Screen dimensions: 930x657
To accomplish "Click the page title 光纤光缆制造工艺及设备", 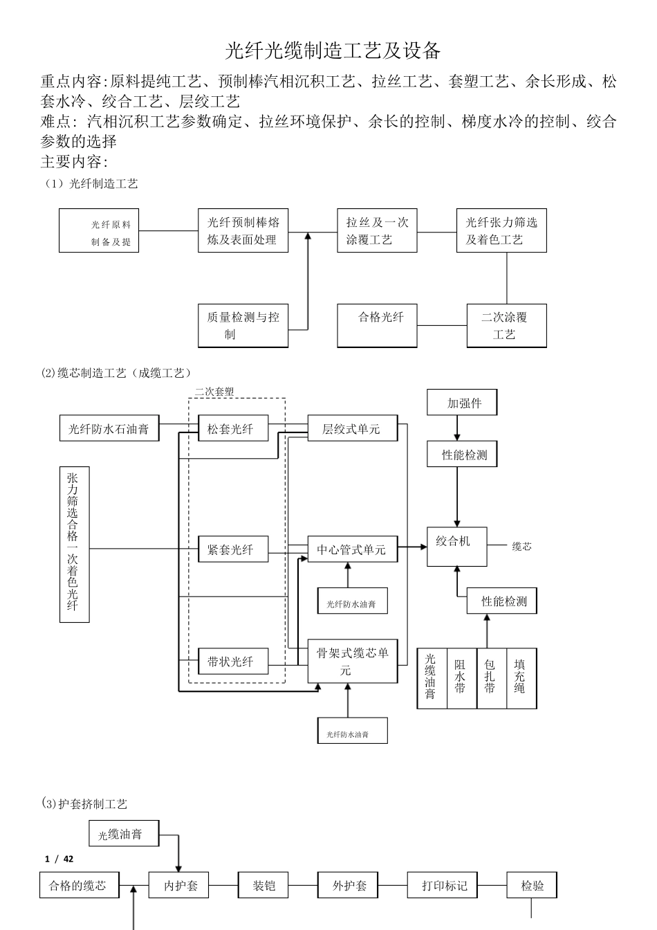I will pos(333,50).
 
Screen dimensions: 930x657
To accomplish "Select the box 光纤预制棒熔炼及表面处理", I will pos(243,230).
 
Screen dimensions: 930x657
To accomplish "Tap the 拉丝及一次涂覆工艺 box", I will pos(377,230).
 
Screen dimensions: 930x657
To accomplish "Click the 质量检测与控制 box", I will pos(243,325).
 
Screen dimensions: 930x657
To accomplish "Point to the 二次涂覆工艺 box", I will pos(506,325).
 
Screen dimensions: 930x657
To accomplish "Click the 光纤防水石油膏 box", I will pos(109,429).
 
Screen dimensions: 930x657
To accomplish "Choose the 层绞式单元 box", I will pos(352,429).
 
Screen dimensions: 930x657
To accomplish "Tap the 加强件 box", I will pos(463,403).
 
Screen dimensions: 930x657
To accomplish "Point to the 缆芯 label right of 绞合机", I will pos(521,547).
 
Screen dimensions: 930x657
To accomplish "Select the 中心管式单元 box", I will pos(352,549).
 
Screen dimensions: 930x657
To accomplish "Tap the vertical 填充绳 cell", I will pos(521,678).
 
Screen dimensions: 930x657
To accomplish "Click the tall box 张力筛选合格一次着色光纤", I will pos(74,544).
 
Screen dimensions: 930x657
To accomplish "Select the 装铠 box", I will pos(263,885).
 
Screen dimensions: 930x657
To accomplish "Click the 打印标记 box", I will pos(444,885).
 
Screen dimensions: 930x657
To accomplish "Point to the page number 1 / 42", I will pos(59,859).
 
